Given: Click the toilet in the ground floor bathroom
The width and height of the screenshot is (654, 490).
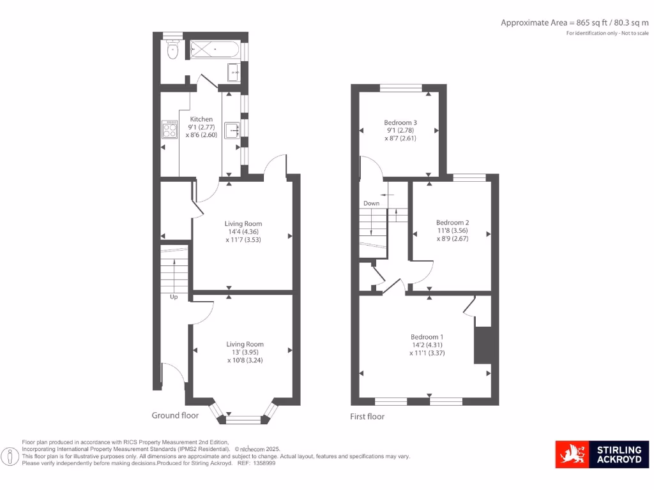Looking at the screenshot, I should tap(171, 51).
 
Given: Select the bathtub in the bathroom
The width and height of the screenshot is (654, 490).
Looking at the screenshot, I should tap(214, 49).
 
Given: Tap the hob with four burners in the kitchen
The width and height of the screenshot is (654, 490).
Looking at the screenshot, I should tap(171, 130).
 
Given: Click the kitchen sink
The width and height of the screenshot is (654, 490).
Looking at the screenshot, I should tap(231, 130).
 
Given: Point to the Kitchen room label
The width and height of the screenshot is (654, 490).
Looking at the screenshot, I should tap(201, 119).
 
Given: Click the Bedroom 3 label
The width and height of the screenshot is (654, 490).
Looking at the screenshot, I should tap(400, 122).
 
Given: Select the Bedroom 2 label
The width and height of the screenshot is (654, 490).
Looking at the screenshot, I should tap(453, 223).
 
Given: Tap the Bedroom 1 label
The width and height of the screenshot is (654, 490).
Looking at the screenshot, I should tap(427, 337).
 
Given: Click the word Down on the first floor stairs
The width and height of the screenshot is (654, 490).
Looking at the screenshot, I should tap(371, 204).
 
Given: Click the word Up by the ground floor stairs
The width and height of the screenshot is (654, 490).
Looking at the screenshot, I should tap(173, 297).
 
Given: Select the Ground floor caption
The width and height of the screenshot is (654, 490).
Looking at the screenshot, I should tap(175, 415).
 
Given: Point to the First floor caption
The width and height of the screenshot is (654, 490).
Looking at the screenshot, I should tap(367, 417).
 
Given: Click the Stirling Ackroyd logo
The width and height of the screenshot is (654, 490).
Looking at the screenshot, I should tap(602, 454).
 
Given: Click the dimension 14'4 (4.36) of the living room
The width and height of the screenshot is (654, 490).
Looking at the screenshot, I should tap(243, 232).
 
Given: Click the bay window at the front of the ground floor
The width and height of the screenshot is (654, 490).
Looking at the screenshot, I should tap(244, 419).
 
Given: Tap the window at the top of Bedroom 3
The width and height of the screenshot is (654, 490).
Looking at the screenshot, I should tap(400, 87).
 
